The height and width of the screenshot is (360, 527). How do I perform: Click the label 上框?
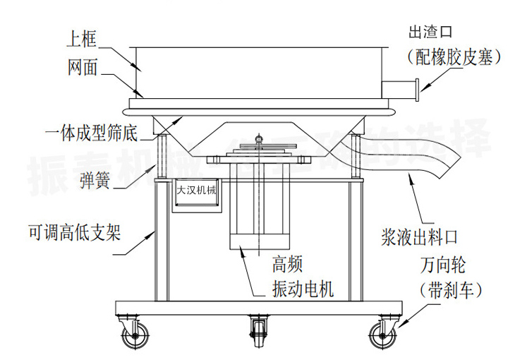82,39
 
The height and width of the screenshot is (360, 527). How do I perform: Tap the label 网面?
82,68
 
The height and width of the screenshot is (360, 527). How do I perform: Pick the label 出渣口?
430,32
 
